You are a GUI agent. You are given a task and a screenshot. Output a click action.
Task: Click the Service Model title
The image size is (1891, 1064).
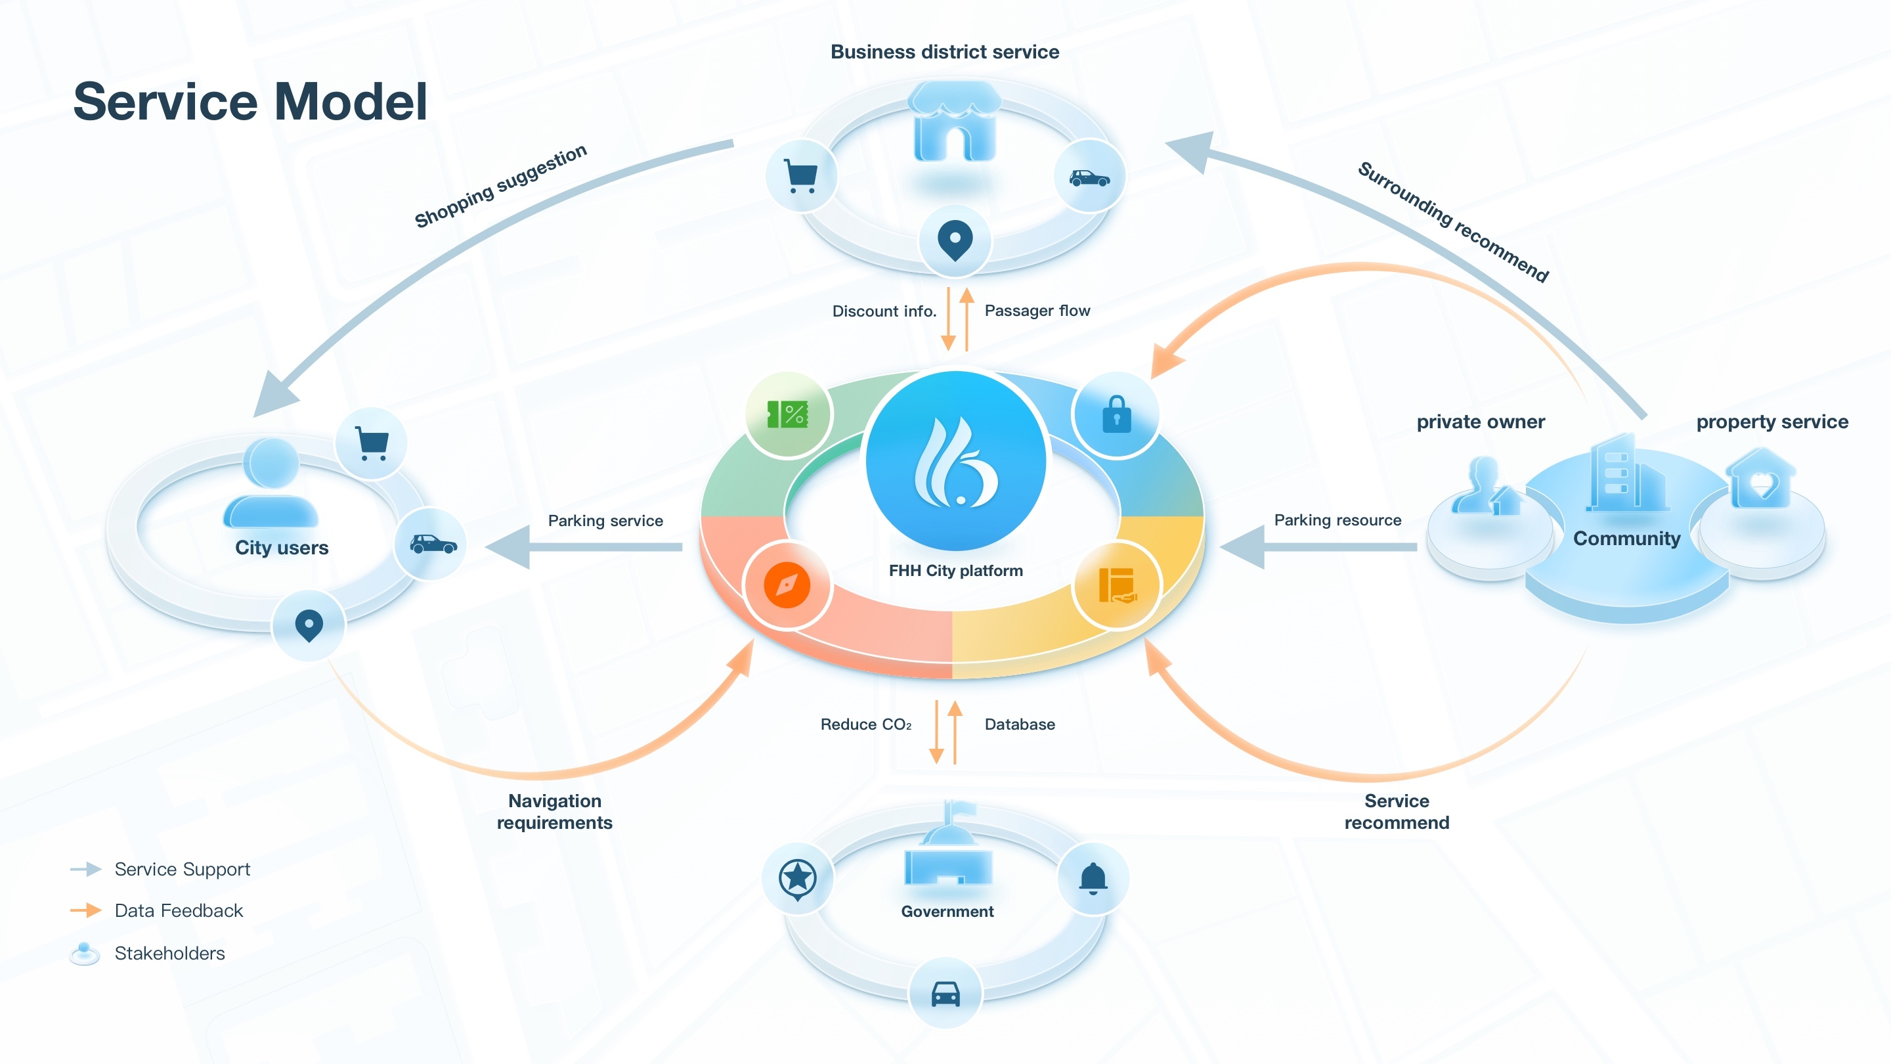tap(250, 101)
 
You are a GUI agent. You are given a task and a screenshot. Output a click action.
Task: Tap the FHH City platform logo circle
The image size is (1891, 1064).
tap(956, 461)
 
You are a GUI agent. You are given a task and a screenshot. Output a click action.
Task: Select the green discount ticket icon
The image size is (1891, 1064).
tap(788, 415)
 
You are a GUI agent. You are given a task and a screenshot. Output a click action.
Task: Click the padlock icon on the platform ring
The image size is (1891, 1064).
tap(1116, 415)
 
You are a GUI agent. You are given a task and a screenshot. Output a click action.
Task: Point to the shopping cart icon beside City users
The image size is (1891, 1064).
tap(372, 443)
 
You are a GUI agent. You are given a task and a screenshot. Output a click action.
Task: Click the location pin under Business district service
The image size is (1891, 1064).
tap(955, 240)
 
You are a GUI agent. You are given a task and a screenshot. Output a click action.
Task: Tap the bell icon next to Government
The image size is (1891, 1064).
tap(1093, 878)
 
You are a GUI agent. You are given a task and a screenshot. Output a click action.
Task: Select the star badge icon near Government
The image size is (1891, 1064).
tap(798, 878)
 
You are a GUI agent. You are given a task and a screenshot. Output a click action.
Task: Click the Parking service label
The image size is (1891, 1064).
tap(605, 521)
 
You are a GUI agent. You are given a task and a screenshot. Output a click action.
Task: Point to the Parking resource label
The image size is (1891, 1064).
tap(1337, 520)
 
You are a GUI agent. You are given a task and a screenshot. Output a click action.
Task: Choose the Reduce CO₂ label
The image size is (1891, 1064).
tap(866, 724)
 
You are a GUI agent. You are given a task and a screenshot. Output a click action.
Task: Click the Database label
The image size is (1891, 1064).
tap(1020, 724)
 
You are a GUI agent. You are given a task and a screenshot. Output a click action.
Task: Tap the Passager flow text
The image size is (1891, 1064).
tap(1037, 311)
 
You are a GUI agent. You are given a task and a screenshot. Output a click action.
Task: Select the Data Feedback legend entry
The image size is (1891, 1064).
tap(179, 910)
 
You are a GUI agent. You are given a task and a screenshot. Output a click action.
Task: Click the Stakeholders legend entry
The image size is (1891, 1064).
tap(169, 953)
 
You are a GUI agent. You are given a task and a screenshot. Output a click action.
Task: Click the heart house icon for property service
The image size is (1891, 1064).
tap(1762, 481)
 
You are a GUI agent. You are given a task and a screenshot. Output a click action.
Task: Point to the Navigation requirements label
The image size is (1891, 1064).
tap(554, 811)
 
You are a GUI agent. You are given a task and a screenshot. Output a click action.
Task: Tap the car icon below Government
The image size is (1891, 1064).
tap(946, 994)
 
